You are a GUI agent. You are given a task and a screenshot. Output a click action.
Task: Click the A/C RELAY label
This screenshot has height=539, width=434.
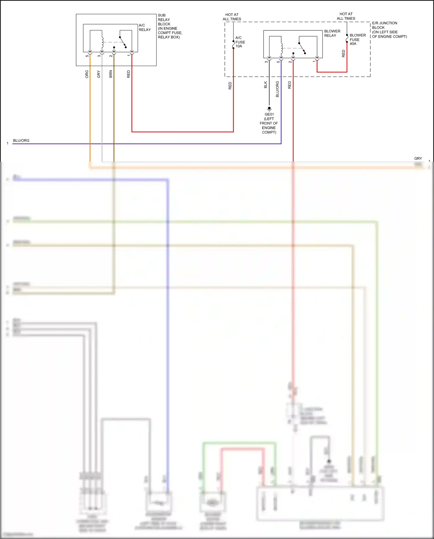[x=145, y=28]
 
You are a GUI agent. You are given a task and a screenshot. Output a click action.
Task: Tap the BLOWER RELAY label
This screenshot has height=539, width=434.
[x=332, y=33]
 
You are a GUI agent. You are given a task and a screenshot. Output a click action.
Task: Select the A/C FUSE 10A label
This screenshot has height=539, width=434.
[x=240, y=42]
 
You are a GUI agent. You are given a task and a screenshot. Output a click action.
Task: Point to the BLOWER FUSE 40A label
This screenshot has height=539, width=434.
[x=357, y=39]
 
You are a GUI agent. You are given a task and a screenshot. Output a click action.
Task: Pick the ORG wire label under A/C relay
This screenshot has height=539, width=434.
[x=87, y=74]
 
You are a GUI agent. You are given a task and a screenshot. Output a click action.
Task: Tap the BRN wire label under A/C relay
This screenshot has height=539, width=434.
[x=111, y=74]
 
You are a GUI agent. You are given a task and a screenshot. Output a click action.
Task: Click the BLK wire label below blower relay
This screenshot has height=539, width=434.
[x=266, y=85]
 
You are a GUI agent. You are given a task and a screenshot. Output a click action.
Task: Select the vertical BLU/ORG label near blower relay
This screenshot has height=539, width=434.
[x=277, y=89]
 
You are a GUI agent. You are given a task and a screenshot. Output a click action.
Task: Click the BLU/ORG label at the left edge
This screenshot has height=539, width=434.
[x=21, y=140]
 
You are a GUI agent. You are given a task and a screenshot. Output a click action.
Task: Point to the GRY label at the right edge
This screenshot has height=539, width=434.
[x=418, y=158]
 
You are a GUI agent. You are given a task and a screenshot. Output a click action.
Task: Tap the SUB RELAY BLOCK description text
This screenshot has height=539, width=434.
[x=170, y=26]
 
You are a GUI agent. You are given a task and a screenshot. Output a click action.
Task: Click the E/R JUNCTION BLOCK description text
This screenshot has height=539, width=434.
[x=389, y=30]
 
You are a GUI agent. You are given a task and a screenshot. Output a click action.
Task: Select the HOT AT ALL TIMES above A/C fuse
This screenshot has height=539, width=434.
[x=232, y=17]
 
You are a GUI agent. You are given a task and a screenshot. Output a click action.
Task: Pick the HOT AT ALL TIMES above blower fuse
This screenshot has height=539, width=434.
[x=346, y=16]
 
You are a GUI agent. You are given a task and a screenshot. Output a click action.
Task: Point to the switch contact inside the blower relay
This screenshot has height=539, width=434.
[x=302, y=48]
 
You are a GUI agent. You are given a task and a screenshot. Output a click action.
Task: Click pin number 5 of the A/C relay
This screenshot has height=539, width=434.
[x=87, y=56]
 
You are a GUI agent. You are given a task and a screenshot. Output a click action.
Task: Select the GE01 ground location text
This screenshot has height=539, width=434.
[x=269, y=123]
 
